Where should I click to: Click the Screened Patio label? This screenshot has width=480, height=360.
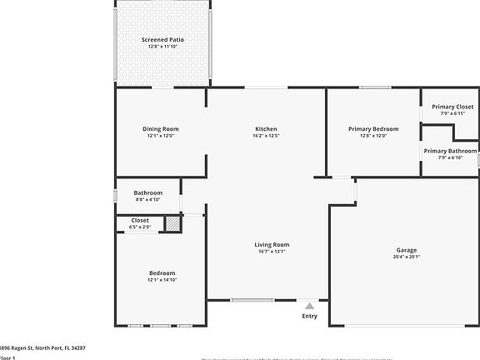tap(162, 39)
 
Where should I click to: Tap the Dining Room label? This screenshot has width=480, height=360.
tap(160, 129)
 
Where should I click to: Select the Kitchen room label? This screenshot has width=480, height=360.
tap(266, 129)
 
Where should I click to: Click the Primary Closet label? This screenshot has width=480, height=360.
tap(452, 107)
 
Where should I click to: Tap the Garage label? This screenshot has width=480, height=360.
tap(406, 250)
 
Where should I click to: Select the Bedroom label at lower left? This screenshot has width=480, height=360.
tap(162, 273)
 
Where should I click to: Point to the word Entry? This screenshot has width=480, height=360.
tap(309, 316)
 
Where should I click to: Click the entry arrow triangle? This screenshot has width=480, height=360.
tap(309, 306)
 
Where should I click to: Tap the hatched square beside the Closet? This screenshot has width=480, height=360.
tap(172, 223)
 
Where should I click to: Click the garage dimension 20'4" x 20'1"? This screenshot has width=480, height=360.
tap(406, 257)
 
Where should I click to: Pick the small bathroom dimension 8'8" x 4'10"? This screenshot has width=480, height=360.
tap(147, 199)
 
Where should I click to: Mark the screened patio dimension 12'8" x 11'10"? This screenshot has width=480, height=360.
tap(162, 46)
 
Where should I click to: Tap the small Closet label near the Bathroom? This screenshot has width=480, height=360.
tap(140, 220)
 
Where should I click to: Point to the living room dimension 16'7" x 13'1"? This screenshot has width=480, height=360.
tap(272, 251)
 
